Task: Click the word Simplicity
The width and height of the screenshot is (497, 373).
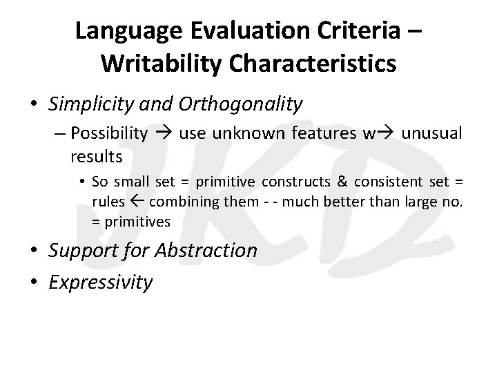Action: coord(90,104)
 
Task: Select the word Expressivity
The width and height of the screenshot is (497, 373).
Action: coord(101,282)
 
